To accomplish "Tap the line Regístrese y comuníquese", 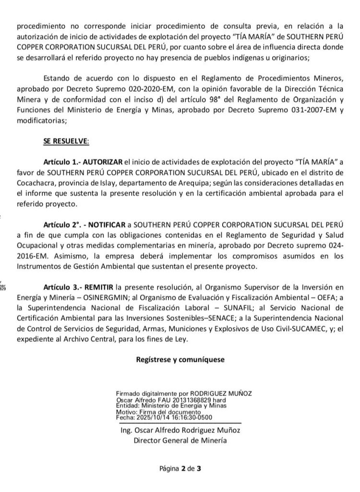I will pyautogui.click(x=180, y=358).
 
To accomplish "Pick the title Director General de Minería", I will pyautogui.click(x=180, y=440).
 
